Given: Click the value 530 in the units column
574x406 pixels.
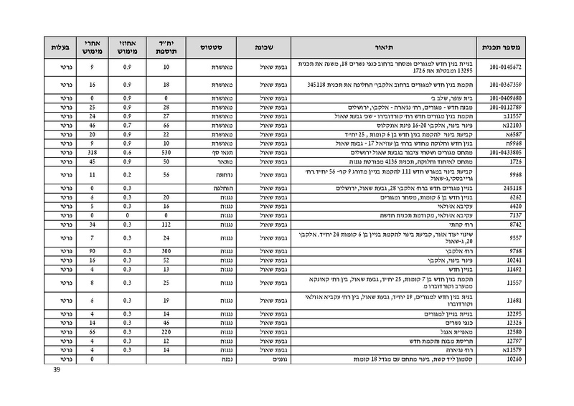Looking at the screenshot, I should (166, 152).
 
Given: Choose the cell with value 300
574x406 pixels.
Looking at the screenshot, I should (166, 250).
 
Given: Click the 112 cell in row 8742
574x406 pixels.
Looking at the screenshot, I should (166, 224).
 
